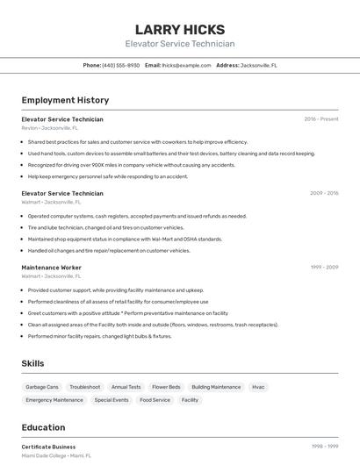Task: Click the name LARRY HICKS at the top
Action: (180, 29)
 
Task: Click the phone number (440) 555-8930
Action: (120, 65)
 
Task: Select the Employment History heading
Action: (65, 100)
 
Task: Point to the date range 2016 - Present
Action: (320, 118)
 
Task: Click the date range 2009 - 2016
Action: (324, 193)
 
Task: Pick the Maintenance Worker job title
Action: (52, 267)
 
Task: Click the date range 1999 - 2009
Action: (324, 267)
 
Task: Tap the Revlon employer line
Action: (50, 128)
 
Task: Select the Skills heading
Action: (32, 362)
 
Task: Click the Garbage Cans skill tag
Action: (42, 387)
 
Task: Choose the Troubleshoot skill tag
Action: (85, 387)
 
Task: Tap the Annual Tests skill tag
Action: (126, 387)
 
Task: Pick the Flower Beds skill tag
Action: (166, 387)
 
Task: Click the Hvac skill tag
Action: (258, 387)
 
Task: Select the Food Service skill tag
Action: (155, 400)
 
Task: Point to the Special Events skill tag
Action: (112, 400)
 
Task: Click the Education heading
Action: (43, 427)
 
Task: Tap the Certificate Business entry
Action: (48, 447)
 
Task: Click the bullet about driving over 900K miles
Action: (132, 165)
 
